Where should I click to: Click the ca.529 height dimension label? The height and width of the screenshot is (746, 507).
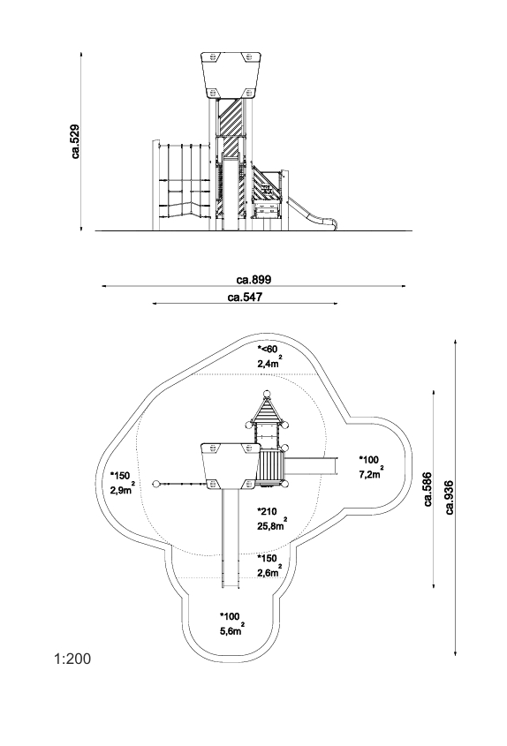76,141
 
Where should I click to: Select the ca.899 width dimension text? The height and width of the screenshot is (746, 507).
253,279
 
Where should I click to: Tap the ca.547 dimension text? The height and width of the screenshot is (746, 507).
245,298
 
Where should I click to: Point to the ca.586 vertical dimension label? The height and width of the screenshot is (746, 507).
427,488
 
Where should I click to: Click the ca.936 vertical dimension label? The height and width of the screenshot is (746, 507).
449,497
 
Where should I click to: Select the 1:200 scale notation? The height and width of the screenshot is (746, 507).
72,659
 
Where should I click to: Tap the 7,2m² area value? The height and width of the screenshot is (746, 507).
371,472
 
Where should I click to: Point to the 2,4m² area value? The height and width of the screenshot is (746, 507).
269,363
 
